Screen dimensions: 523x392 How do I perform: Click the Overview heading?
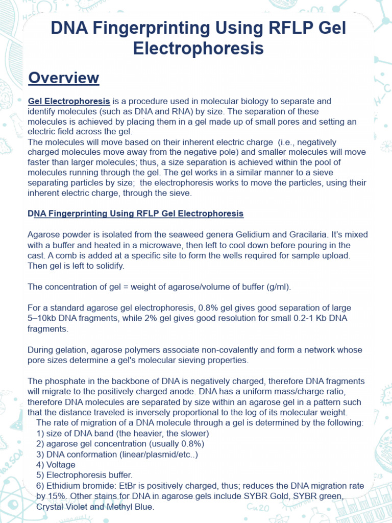(63, 78)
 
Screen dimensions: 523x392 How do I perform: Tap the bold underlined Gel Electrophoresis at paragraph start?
(69, 101)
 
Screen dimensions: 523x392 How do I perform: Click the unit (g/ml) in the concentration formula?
(278, 287)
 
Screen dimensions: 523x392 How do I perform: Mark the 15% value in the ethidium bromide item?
(65, 496)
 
